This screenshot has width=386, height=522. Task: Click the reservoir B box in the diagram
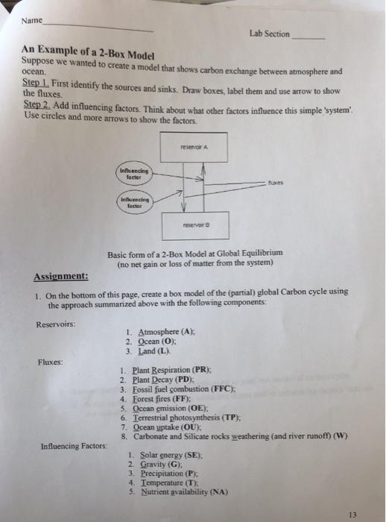[193, 222]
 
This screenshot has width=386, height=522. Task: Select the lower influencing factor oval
[134, 202]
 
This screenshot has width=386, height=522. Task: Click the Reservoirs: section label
[56, 324]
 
